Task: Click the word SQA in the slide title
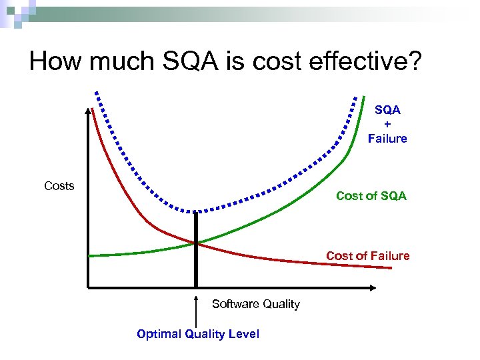pyautogui.click(x=187, y=61)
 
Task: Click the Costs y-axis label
pyautogui.click(x=59, y=186)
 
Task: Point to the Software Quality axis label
pyautogui.click(x=256, y=304)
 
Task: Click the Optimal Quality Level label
pyautogui.click(x=197, y=334)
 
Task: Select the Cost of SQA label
pyautogui.click(x=371, y=196)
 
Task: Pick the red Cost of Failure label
pyautogui.click(x=367, y=256)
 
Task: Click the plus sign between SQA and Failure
pyautogui.click(x=387, y=124)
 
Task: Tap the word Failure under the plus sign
pyautogui.click(x=387, y=139)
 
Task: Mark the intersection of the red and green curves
pyautogui.click(x=196, y=243)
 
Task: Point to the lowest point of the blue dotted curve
pyautogui.click(x=193, y=211)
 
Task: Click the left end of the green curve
pyautogui.click(x=91, y=255)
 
